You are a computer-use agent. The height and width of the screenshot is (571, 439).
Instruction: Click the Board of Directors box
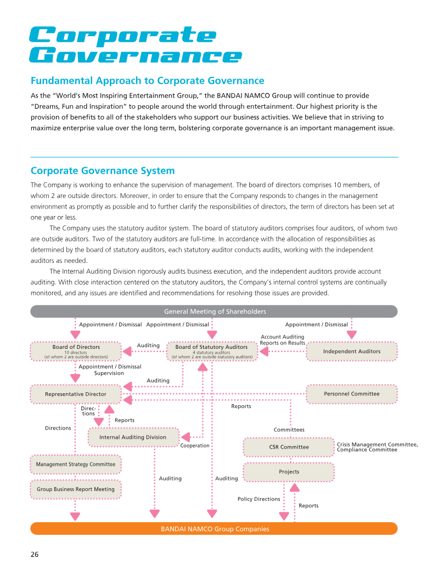pyautogui.click(x=76, y=351)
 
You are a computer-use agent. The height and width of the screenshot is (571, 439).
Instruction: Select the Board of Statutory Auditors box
pyautogui.click(x=211, y=351)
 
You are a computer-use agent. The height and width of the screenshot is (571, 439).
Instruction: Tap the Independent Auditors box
pyautogui.click(x=351, y=351)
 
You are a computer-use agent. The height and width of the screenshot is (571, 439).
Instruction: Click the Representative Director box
pyautogui.click(x=76, y=394)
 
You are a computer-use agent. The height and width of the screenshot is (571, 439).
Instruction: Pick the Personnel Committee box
pyautogui.click(x=351, y=394)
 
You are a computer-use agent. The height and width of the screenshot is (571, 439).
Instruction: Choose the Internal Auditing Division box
pyautogui.click(x=133, y=437)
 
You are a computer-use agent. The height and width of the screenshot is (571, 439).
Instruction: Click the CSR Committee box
pyautogui.click(x=289, y=447)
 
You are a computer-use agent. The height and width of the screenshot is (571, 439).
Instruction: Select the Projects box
pyautogui.click(x=289, y=472)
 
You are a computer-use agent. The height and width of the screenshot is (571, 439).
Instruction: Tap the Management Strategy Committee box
pyautogui.click(x=76, y=465)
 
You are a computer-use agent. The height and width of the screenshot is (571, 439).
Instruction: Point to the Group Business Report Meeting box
pyautogui.click(x=76, y=489)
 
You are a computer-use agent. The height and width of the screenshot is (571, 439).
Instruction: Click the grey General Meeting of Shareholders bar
pyautogui.click(x=214, y=312)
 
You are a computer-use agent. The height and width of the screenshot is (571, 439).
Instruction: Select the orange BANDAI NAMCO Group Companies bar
pyautogui.click(x=214, y=529)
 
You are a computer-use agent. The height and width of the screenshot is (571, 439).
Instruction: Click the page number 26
pyautogui.click(x=35, y=554)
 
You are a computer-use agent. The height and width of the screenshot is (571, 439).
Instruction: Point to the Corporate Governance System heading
pyautogui.click(x=103, y=171)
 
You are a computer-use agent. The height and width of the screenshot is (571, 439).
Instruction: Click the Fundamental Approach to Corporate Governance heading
pyautogui.click(x=147, y=81)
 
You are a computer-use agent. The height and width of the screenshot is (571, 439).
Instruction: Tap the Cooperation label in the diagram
pyautogui.click(x=195, y=446)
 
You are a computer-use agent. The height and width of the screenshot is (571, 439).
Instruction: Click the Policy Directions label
pyautogui.click(x=258, y=499)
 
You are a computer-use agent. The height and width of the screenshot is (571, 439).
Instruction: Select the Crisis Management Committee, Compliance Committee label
pyautogui.click(x=377, y=447)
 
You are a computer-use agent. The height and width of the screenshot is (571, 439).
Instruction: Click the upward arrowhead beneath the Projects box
pyautogui.click(x=294, y=488)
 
